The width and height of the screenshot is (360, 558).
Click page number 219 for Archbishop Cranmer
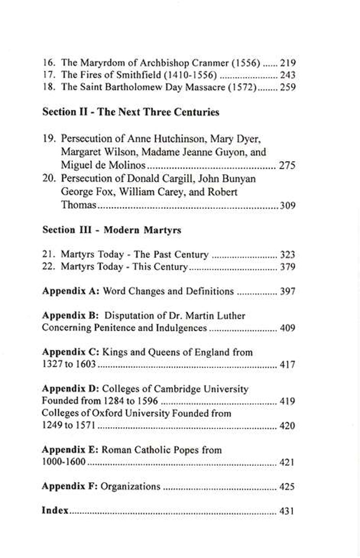(287, 63)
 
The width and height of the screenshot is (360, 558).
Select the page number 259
(287, 88)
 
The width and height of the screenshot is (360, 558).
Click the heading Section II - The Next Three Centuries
(130, 112)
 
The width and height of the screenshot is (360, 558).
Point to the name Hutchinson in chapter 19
(167, 140)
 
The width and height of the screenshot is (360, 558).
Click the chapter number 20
(48, 179)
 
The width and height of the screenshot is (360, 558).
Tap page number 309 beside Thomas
(287, 206)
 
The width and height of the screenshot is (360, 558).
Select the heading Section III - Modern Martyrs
(112, 230)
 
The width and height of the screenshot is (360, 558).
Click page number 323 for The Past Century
(287, 255)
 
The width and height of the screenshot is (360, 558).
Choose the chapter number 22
(48, 267)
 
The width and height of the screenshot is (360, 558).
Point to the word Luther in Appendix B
(230, 315)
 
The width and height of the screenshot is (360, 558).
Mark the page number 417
(287, 364)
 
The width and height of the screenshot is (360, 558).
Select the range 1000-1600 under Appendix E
(63, 462)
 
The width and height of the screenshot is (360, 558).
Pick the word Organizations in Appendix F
(130, 486)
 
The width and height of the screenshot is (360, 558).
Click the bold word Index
(55, 510)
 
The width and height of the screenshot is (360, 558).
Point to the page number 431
(287, 511)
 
